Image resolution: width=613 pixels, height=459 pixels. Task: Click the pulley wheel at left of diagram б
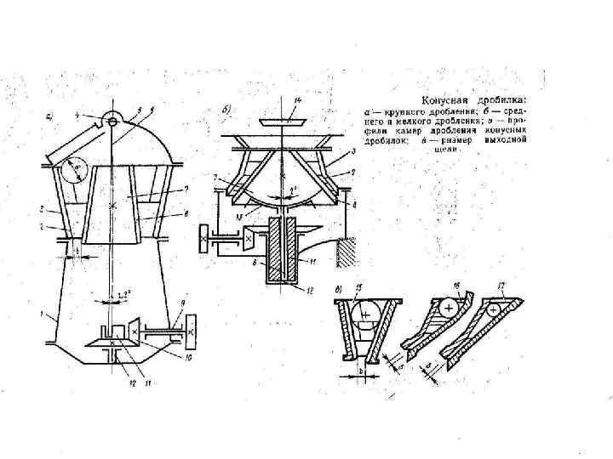pyautogui.click(x=205, y=241)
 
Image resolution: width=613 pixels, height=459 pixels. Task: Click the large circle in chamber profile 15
pyautogui.click(x=366, y=314)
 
